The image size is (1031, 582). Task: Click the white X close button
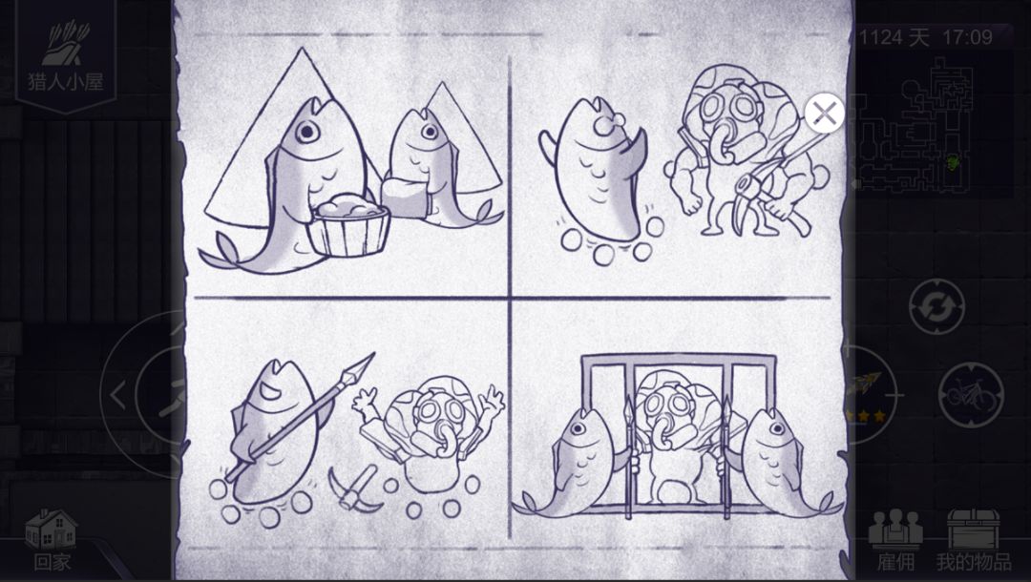[824, 113]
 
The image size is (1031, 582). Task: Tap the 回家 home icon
[52, 530]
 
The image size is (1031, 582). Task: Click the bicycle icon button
[971, 395]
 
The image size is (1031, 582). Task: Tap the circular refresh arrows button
[936, 306]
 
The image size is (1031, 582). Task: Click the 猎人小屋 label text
[65, 81]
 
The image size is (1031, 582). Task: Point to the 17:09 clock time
[967, 37]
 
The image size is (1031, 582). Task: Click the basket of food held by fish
[349, 227]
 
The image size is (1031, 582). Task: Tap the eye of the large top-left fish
[306, 132]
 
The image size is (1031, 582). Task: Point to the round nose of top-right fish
[602, 123]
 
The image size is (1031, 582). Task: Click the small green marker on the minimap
[952, 159]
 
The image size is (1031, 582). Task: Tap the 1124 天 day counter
[894, 37]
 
